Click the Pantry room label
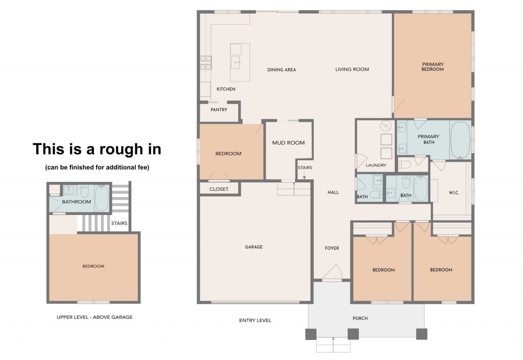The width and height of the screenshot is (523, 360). (219, 110)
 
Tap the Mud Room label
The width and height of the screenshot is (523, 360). (288, 143)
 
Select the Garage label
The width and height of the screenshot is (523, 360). (254, 247)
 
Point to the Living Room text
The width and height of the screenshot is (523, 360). (352, 69)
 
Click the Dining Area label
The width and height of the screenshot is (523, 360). (282, 69)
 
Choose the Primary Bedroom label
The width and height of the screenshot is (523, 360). (433, 67)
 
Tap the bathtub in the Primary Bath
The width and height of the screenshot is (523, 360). (460, 140)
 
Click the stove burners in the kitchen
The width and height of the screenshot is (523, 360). (206, 63)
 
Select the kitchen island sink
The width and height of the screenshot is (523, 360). (235, 63)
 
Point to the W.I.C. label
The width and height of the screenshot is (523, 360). (454, 192)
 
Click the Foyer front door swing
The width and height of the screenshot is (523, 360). (333, 272)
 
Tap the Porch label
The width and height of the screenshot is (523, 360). (360, 318)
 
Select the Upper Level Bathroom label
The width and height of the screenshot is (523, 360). (76, 202)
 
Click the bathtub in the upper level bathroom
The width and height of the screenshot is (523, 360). (102, 198)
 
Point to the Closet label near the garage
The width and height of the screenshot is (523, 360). (219, 189)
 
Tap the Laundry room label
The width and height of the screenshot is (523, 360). (376, 165)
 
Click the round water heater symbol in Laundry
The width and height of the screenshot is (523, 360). (386, 126)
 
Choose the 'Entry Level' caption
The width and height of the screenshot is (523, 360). (255, 320)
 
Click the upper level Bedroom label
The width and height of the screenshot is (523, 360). (94, 266)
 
